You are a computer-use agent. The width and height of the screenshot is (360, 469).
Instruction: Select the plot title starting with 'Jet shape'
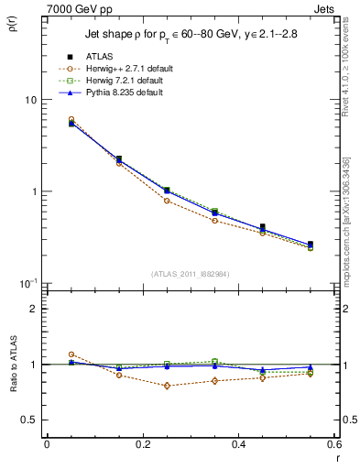pyautogui.click(x=192, y=35)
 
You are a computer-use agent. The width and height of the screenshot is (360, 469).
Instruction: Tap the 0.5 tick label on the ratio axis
pyautogui.click(x=27, y=420)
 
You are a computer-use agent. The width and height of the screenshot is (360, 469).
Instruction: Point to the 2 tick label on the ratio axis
pyautogui.click(x=34, y=309)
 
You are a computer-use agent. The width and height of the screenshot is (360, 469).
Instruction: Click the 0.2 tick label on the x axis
pyautogui.click(x=142, y=444)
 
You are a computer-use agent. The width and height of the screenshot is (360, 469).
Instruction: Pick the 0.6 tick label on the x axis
pyautogui.click(x=334, y=444)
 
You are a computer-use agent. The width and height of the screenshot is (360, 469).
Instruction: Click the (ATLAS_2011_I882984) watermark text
pyautogui.click(x=191, y=273)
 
